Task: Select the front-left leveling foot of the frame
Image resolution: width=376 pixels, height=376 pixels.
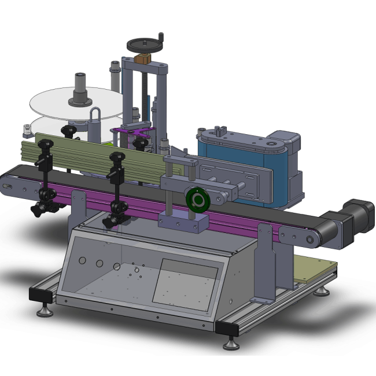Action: tap(43, 312)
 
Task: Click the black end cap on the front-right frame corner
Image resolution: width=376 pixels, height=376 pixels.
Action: tap(226, 329)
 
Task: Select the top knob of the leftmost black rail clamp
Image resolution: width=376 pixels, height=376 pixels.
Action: tap(43, 145)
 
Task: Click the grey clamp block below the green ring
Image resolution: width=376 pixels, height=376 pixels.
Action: tap(183, 222)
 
